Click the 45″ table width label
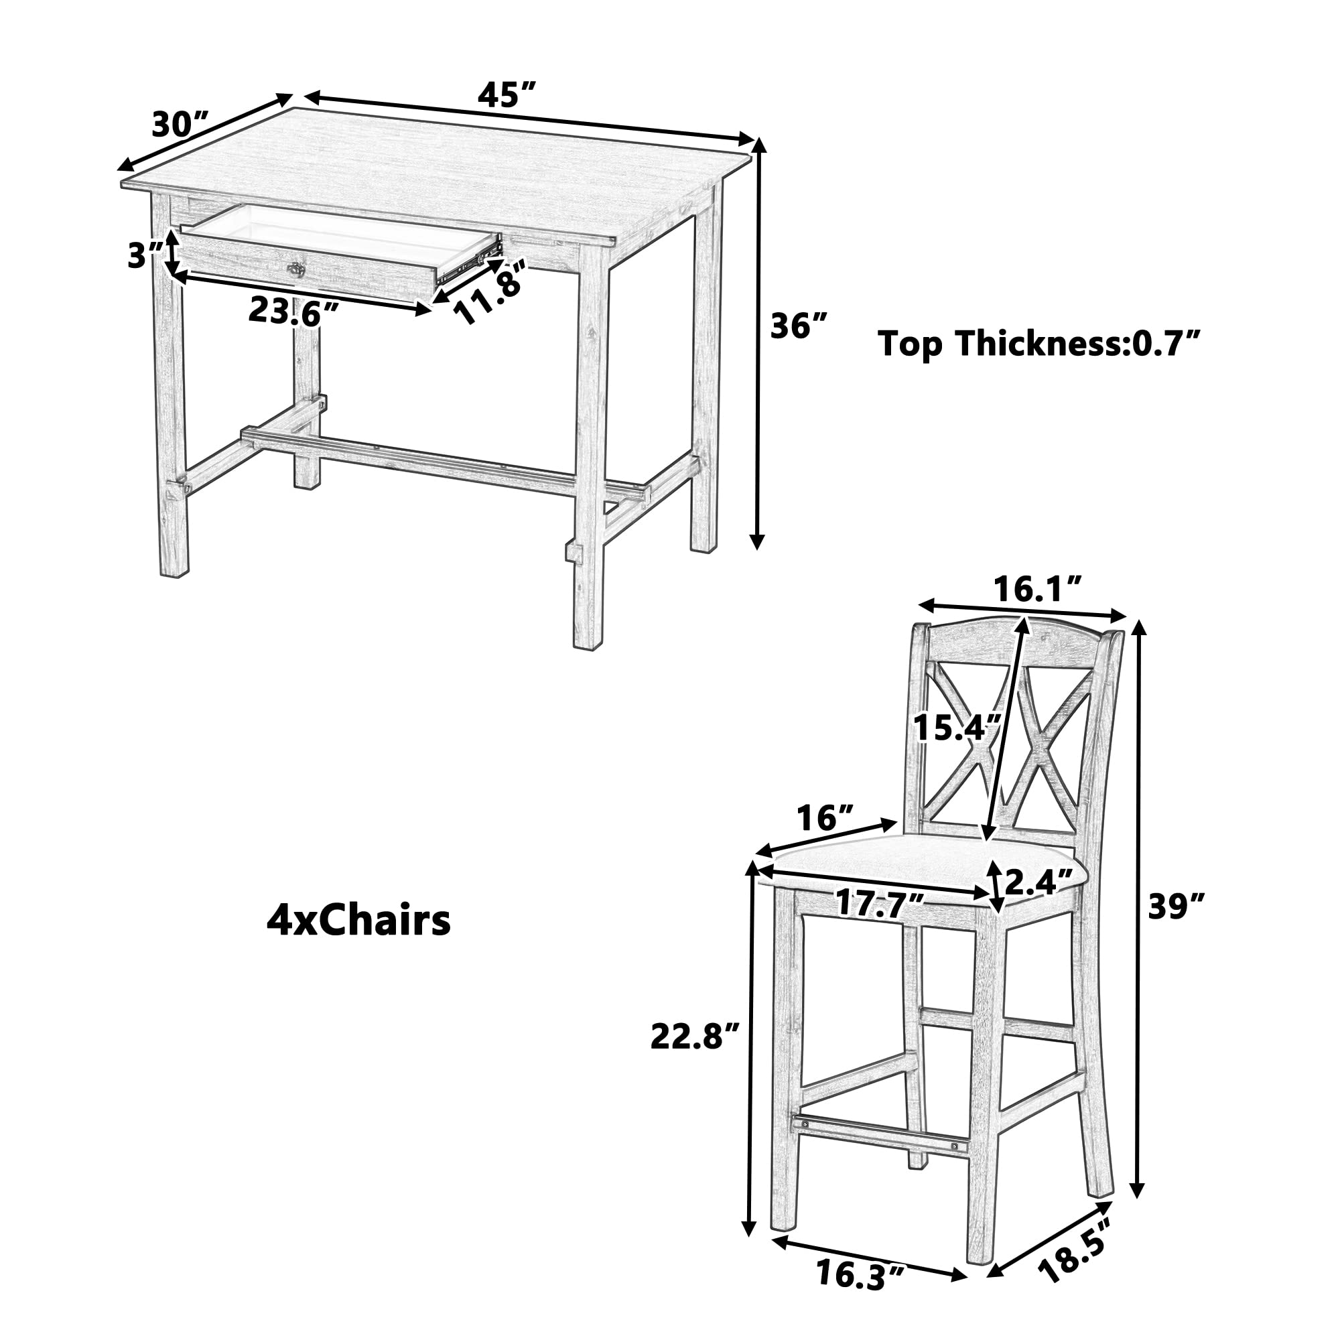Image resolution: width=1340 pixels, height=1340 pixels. coord(507,94)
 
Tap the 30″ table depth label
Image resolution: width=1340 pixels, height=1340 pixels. coord(180,125)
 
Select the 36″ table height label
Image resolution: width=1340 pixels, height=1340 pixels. coord(799,326)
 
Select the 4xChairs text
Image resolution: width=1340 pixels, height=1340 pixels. coord(358,922)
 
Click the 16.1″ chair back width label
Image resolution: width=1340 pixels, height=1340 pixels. coord(1037,590)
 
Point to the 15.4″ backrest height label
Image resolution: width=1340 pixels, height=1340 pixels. coord(956,728)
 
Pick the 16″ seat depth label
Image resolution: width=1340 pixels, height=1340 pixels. coord(825,819)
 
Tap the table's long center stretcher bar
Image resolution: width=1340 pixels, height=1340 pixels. coord(444,461)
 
